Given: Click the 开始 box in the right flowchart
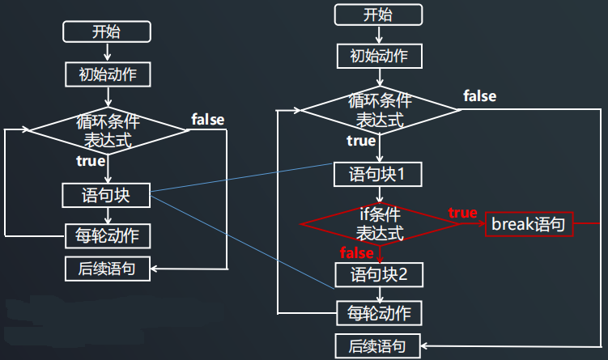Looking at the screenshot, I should tap(379, 15).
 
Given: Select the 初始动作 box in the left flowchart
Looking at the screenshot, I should tap(108, 74).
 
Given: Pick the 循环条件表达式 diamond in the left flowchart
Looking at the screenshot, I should tap(108, 130).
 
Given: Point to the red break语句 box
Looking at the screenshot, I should tap(529, 223).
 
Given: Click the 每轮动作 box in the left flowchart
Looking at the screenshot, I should tap(108, 236).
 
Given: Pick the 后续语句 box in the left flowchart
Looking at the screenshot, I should tap(108, 268).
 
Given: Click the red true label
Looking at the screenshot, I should tap(462, 213).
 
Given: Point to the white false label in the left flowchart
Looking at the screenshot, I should tap(207, 120).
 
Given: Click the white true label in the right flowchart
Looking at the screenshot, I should tap(360, 141).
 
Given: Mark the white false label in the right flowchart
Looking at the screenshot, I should tap(479, 96).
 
